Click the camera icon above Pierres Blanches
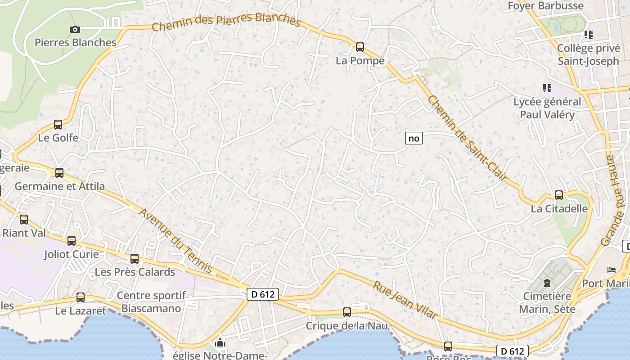coord(75,30)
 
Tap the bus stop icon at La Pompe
coord(360,47)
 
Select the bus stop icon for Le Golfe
coord(58,125)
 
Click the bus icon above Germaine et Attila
coord(59,172)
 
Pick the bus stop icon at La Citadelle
coord(559,195)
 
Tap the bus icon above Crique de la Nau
coord(346,312)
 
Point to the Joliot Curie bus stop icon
coord(72,241)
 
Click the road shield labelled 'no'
coord(414,138)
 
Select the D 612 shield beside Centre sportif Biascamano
coord(263,295)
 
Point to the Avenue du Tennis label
coord(175,241)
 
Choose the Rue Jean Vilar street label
coord(405,300)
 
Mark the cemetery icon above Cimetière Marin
coord(547,283)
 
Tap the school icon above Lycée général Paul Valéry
coord(547,88)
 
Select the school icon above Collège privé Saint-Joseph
coord(588,34)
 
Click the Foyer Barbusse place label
coord(545,6)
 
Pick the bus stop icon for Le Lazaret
coord(81,297)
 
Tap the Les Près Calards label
coord(135,272)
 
